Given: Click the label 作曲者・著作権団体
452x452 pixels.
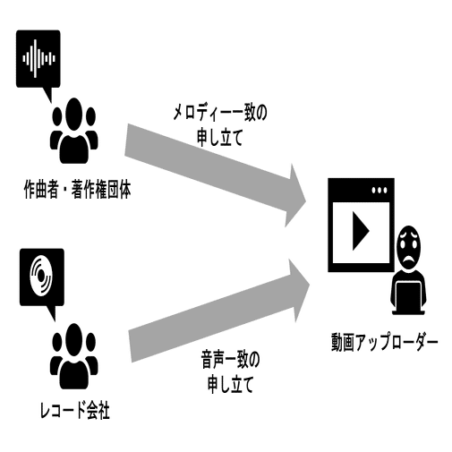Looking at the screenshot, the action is [x=77, y=190].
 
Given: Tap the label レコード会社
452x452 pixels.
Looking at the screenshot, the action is [x=75, y=411].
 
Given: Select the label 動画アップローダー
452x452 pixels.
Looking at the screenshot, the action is [x=384, y=342].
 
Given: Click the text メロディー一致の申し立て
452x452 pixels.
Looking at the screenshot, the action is [x=220, y=125].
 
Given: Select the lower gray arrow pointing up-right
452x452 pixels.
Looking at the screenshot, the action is [x=219, y=311].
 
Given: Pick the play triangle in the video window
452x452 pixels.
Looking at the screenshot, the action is [x=360, y=231].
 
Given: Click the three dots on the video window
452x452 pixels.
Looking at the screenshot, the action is [x=380, y=190].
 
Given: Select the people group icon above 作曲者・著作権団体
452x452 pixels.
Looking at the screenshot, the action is [x=73, y=131].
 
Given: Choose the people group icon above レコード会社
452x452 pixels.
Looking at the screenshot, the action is [x=74, y=356].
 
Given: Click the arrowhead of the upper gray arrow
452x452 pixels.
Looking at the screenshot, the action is [x=295, y=196].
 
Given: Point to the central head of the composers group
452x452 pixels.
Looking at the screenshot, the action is [x=73, y=114].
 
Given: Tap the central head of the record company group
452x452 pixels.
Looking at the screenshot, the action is [x=73, y=339].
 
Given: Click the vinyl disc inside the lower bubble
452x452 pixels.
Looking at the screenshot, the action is [x=41, y=277].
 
